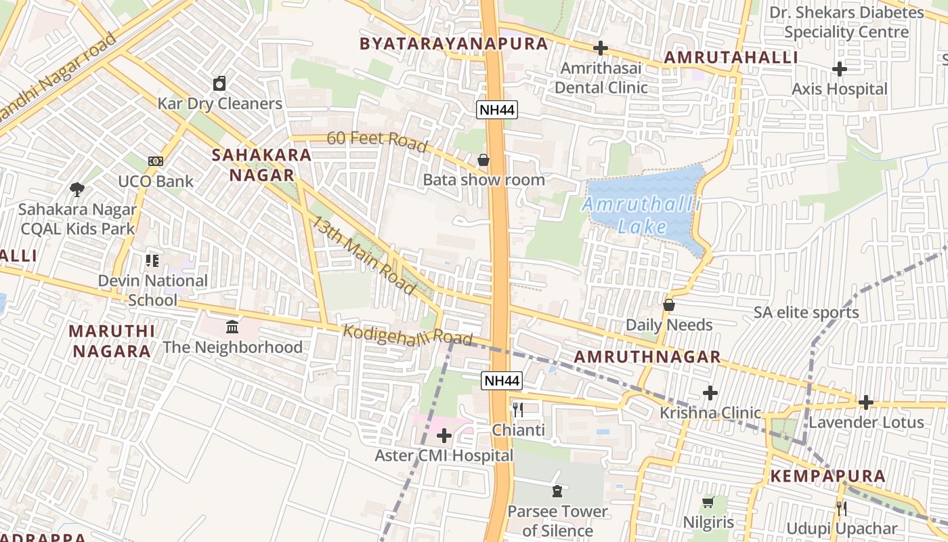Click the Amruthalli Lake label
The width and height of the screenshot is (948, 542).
(x=642, y=215)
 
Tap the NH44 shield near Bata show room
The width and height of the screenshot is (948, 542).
(x=496, y=110)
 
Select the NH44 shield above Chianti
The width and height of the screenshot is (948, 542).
(x=502, y=381)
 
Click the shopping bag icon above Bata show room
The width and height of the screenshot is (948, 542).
(x=483, y=161)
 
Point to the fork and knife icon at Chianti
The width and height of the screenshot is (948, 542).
(x=518, y=409)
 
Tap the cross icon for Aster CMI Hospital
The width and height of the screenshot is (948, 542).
(x=444, y=436)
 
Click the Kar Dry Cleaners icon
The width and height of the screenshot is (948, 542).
(x=219, y=83)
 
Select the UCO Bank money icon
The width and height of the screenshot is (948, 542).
(x=156, y=161)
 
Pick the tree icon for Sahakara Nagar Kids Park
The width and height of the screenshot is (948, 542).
(x=77, y=189)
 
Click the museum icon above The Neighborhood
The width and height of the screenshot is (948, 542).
(x=232, y=327)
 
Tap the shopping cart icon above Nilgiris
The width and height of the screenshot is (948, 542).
(x=708, y=502)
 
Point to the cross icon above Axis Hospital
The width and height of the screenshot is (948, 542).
(x=840, y=69)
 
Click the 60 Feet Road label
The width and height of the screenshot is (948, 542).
(x=377, y=140)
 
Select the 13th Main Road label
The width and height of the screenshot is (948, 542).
(x=364, y=255)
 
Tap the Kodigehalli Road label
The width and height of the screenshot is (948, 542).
(x=408, y=335)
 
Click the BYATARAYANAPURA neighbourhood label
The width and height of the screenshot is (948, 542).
(x=454, y=44)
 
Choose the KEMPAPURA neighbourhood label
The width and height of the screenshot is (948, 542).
(x=827, y=476)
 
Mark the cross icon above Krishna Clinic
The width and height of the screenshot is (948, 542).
(x=710, y=393)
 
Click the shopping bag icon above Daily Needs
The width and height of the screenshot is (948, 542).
(x=669, y=305)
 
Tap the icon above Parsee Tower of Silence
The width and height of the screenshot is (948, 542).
(x=557, y=491)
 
